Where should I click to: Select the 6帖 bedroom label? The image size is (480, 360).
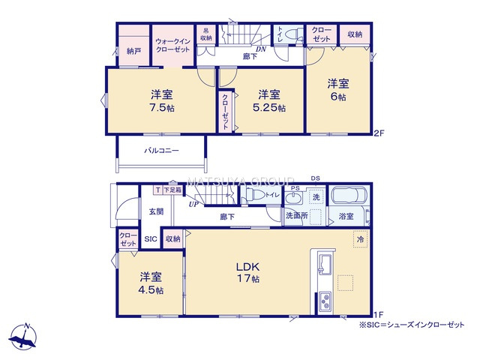[337, 97]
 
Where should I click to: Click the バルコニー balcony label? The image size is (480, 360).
[161, 151]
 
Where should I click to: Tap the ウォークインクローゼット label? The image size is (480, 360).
[172, 45]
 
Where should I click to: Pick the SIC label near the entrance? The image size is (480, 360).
[150, 239]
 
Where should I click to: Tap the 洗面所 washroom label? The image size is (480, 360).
[295, 216]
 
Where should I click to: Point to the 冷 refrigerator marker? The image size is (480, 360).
[361, 239]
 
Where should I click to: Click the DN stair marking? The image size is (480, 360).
[260, 49]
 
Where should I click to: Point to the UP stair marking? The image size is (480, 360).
[193, 203]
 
